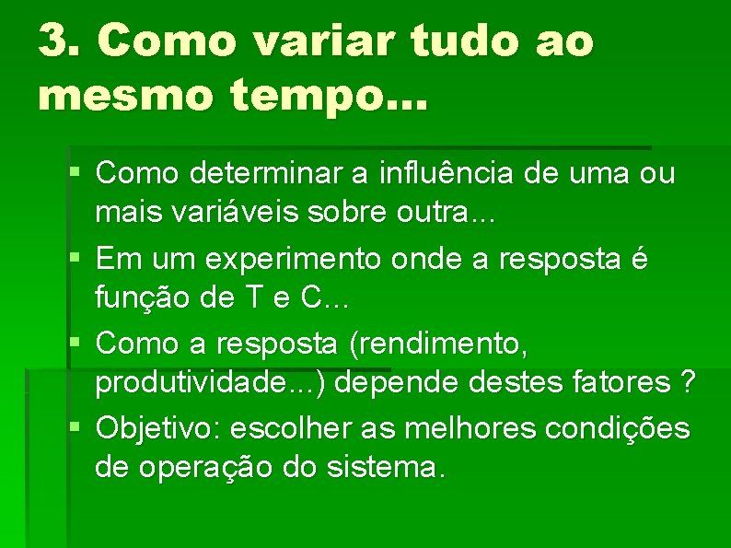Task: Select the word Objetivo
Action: [157, 428]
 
